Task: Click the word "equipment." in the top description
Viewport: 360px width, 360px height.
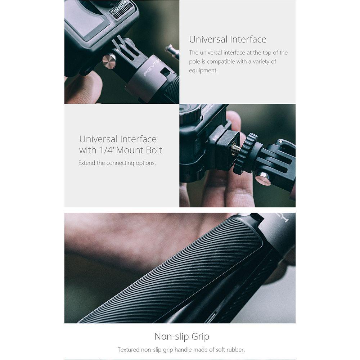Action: [203, 71]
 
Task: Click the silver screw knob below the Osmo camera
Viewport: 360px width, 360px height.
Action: [109, 61]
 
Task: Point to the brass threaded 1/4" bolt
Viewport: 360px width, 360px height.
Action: [236, 148]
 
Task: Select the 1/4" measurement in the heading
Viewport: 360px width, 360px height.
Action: [108, 150]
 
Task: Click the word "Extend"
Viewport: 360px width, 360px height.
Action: [87, 163]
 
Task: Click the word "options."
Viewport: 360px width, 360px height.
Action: [146, 163]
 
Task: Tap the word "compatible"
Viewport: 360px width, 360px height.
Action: [220, 62]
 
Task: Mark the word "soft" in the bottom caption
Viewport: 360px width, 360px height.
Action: [220, 350]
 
